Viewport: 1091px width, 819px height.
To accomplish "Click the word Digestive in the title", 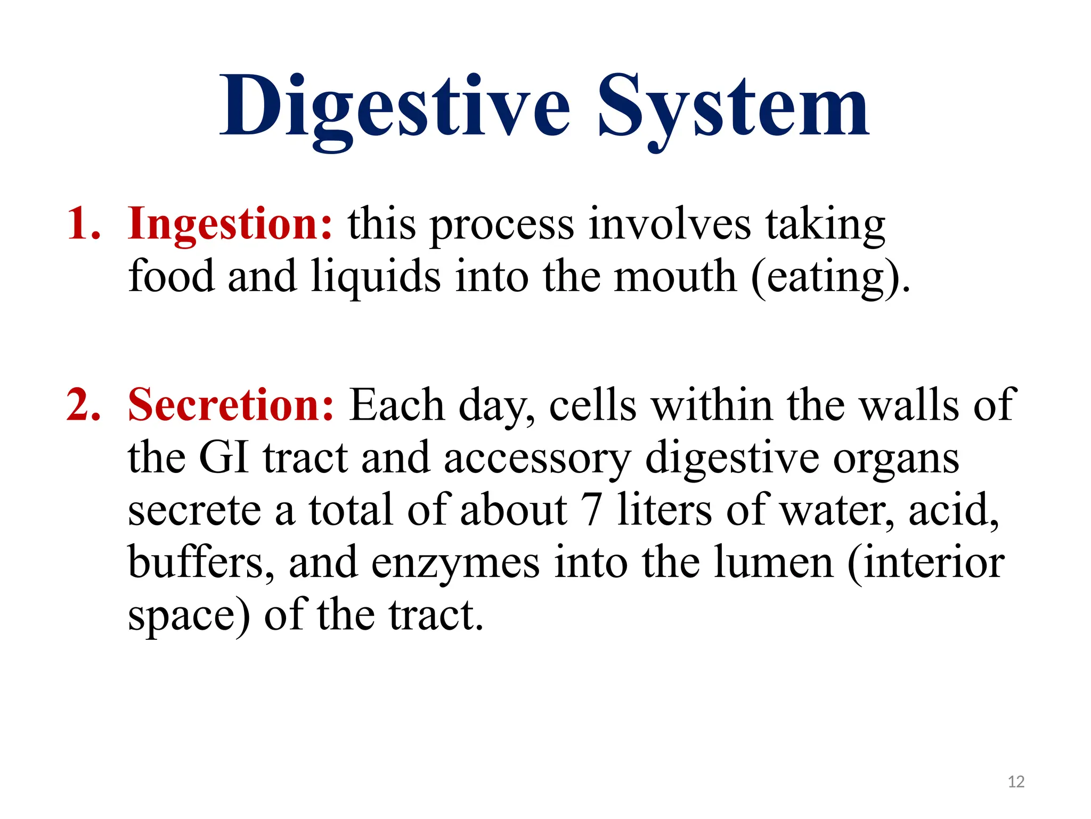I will tap(395, 107).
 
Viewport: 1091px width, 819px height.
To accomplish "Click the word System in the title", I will tap(734, 107).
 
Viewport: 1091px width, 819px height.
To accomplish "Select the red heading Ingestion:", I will tap(230, 224).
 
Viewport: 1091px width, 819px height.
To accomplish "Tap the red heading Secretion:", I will tap(231, 405).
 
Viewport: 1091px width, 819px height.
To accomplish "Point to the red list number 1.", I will tap(83, 224).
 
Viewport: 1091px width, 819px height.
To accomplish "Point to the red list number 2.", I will tap(83, 405).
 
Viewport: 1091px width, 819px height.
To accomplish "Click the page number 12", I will tap(1016, 782).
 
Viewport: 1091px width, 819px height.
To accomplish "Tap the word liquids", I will tap(376, 277).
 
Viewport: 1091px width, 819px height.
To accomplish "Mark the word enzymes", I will tap(455, 563).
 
